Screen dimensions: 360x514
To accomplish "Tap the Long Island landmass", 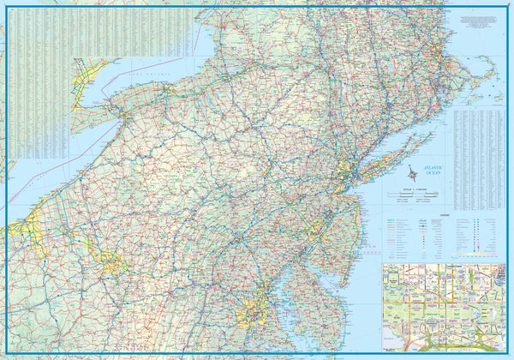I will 377,163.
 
